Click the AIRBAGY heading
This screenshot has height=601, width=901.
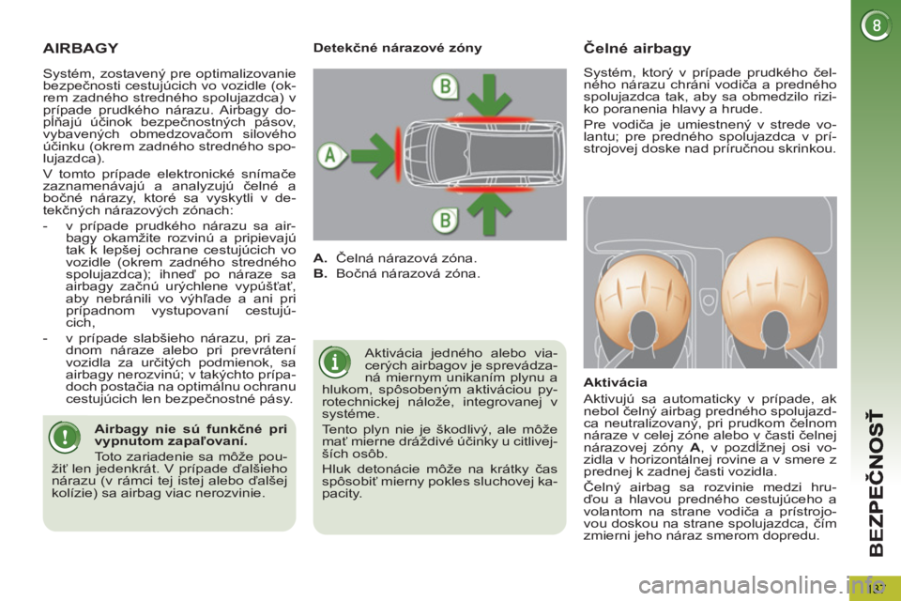(x=81, y=48)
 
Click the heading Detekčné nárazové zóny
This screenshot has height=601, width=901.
(x=398, y=48)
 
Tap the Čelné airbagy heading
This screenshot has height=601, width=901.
(x=637, y=48)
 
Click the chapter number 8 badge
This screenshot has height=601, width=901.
(x=876, y=25)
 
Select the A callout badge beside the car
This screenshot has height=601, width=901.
(x=331, y=155)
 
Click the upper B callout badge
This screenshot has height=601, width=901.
(x=445, y=86)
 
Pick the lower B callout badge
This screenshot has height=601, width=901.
(x=445, y=221)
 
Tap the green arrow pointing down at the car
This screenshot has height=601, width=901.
(x=489, y=96)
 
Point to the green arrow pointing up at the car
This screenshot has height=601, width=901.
(x=489, y=213)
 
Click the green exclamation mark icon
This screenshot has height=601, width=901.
(x=65, y=437)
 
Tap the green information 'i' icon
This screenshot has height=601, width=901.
(x=334, y=362)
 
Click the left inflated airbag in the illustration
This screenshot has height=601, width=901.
(x=643, y=299)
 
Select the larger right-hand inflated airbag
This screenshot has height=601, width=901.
(x=774, y=291)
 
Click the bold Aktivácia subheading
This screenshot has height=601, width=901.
(x=615, y=382)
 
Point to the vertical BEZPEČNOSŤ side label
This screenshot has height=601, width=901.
(x=877, y=483)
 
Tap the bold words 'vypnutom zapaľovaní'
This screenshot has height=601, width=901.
(x=171, y=441)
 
